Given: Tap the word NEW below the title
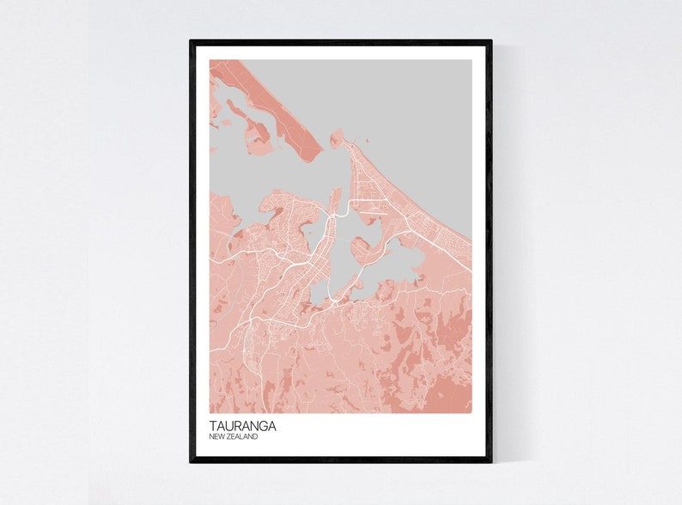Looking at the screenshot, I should pos(218,437).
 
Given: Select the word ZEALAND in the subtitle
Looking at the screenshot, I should pos(244,437).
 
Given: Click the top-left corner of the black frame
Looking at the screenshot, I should pos(191,41).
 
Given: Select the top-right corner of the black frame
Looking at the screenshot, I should pos(491,41).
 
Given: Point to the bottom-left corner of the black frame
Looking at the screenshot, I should pos(191,461).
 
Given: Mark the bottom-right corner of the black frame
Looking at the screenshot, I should pos(491,461).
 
